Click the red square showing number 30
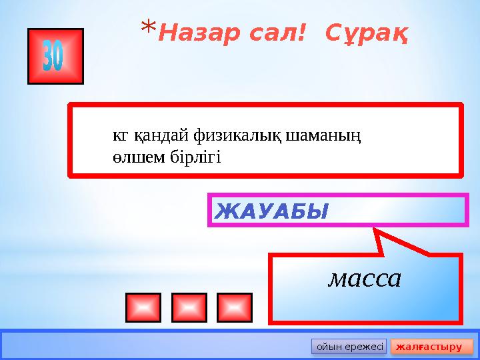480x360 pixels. point(55,56)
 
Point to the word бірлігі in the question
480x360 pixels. point(190,158)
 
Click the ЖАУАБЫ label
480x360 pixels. point(271,212)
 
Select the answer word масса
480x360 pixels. point(364,279)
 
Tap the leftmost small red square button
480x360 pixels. point(143,307)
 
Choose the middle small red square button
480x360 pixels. point(189,307)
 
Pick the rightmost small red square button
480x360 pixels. point(234,307)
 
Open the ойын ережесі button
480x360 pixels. point(349,347)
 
